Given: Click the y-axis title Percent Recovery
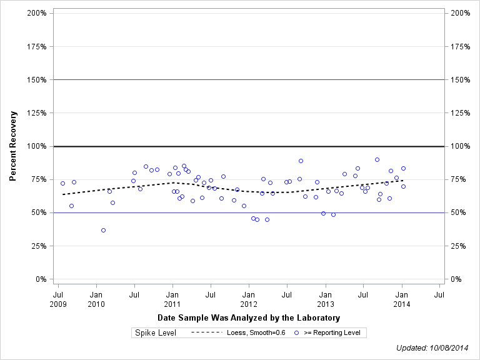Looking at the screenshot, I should pyautogui.click(x=12, y=146).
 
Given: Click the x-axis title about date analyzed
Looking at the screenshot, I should pyautogui.click(x=249, y=318).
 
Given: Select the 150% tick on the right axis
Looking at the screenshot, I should pyautogui.click(x=459, y=80).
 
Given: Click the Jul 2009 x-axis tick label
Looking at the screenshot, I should pyautogui.click(x=58, y=299).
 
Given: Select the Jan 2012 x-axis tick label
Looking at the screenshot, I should pyautogui.click(x=249, y=299).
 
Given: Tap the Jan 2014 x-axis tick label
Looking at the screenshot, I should pyautogui.click(x=402, y=299).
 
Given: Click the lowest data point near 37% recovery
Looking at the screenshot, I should pyautogui.click(x=103, y=230).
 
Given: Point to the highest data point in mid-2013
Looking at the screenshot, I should pyautogui.click(x=377, y=159).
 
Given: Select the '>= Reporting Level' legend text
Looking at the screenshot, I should pyautogui.click(x=332, y=333).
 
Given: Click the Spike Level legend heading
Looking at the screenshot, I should pyautogui.click(x=156, y=333).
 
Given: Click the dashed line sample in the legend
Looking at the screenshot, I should pyautogui.click(x=206, y=333).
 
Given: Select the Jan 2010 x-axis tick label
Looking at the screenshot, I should pyautogui.click(x=96, y=299).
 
